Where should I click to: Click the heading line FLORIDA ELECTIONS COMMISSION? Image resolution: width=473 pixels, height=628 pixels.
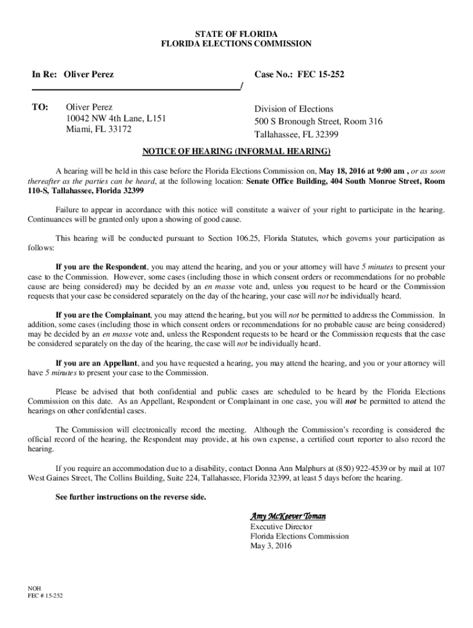click(x=236, y=44)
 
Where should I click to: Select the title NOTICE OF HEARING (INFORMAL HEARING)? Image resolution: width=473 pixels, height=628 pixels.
click(x=237, y=151)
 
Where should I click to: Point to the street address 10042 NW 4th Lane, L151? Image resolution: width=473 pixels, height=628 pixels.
click(x=116, y=118)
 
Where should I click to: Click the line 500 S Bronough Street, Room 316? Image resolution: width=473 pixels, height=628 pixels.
click(x=318, y=121)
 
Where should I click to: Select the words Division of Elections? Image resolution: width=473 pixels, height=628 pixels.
click(x=294, y=109)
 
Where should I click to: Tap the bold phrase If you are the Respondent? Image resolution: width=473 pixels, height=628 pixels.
click(x=101, y=267)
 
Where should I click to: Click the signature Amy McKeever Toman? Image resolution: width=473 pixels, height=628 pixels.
click(x=287, y=516)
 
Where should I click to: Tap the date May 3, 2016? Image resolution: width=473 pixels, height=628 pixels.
click(x=271, y=545)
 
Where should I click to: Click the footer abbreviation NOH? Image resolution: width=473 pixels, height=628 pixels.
click(x=34, y=588)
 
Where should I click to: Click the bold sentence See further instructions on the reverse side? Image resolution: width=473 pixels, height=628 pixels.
click(x=131, y=497)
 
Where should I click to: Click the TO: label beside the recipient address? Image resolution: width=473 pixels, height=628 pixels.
click(x=40, y=107)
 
